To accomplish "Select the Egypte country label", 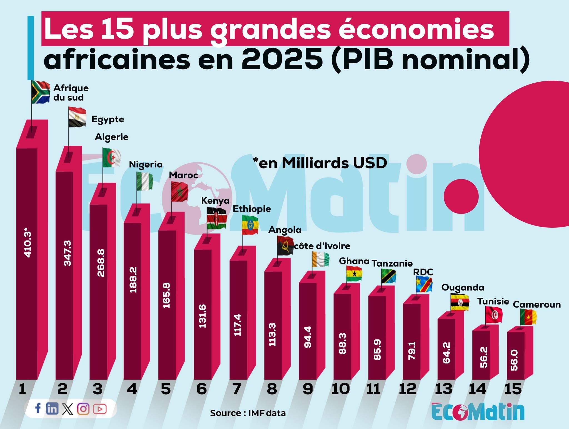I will [x=108, y=119].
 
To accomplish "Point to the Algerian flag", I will [x=112, y=157].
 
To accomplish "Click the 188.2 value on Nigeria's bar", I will [x=133, y=280].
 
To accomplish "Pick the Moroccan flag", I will [x=179, y=191].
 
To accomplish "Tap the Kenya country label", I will [x=215, y=200].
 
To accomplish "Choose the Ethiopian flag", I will [x=250, y=225].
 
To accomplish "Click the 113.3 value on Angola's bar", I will [x=272, y=334].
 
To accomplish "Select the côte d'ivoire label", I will [x=322, y=246].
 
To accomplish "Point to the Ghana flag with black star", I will [x=354, y=274].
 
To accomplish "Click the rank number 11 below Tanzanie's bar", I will [x=373, y=389].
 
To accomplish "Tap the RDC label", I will [x=423, y=272].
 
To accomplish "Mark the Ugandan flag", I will [x=460, y=302].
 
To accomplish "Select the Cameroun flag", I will [x=528, y=317].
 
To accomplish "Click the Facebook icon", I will [x=38, y=408].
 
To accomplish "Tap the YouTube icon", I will [x=100, y=409].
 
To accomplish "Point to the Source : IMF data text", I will [x=248, y=413].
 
